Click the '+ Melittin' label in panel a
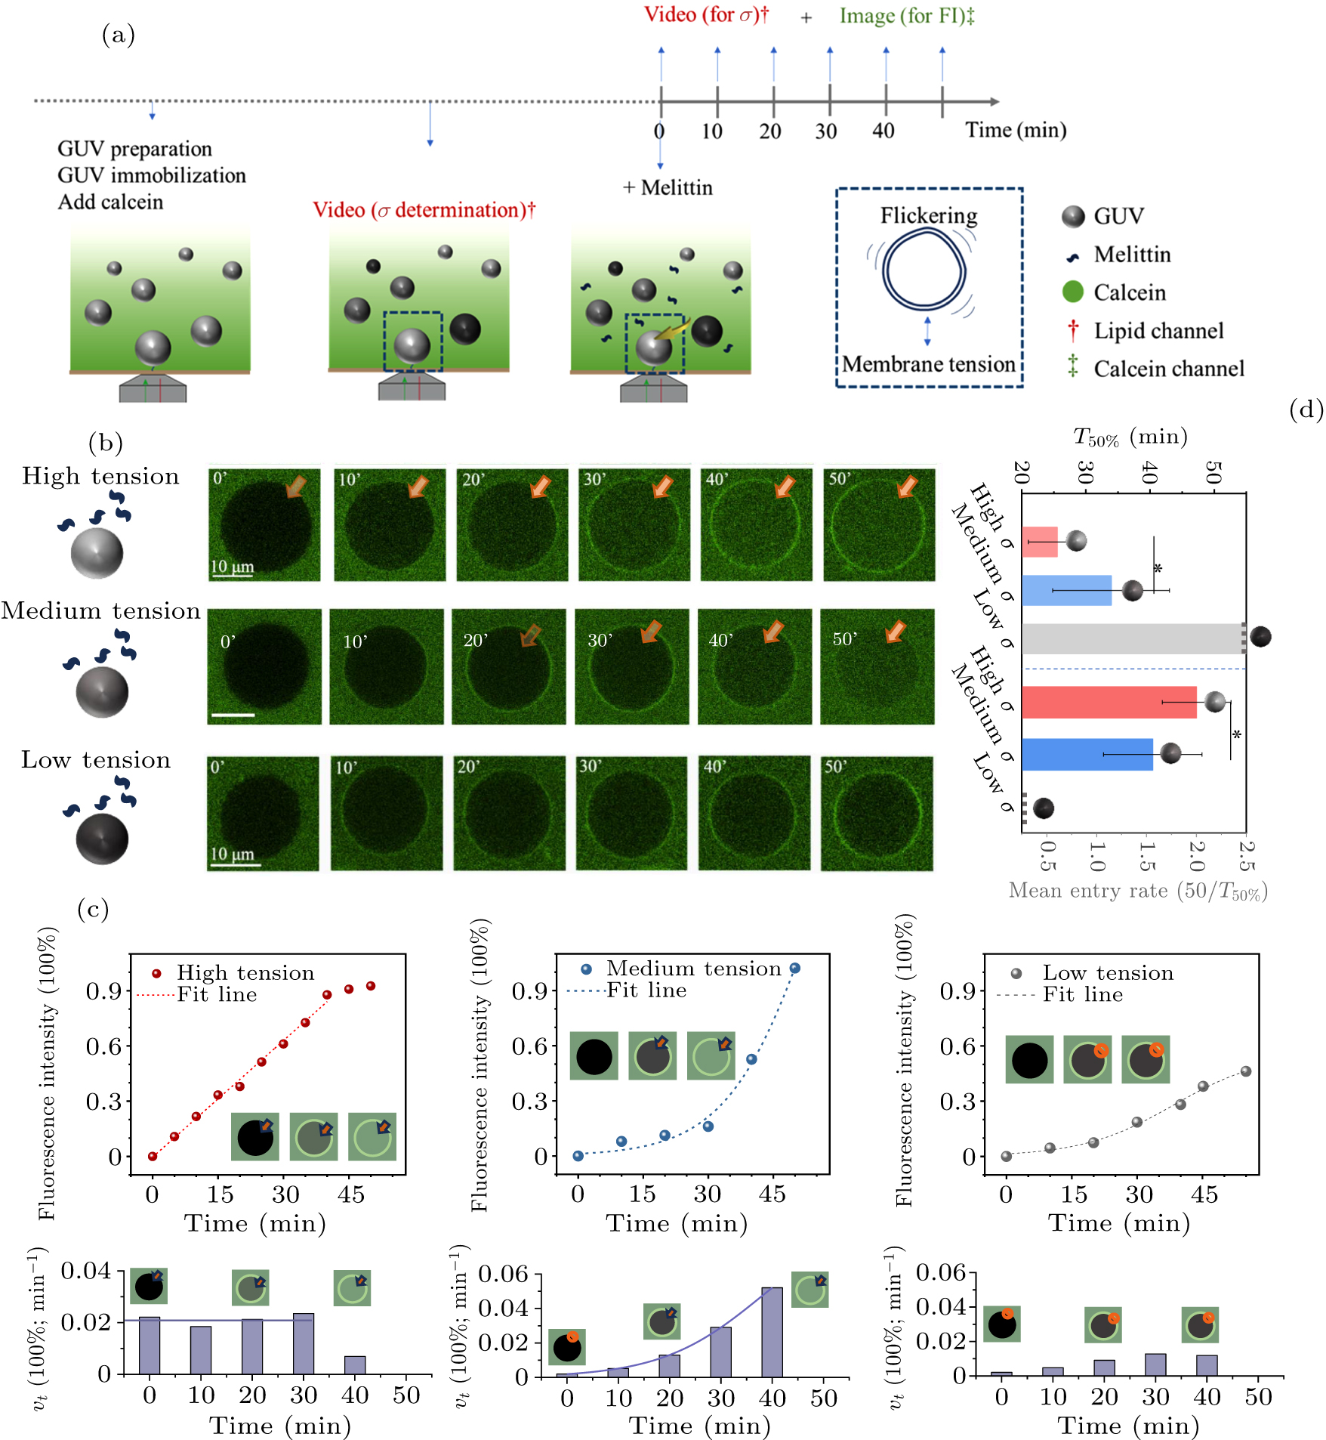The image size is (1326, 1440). pos(668,187)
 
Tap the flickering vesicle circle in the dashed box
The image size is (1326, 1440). pos(925,270)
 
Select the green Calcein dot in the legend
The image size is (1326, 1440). pos(1072,292)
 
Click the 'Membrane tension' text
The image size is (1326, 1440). pos(929,364)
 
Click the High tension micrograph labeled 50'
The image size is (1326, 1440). pos(879,525)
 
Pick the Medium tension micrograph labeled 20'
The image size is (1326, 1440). pos(509,666)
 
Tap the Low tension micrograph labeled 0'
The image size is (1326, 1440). pos(264,814)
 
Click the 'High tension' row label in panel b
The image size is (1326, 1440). pos(100,476)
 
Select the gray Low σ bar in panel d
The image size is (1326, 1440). pos(1131,638)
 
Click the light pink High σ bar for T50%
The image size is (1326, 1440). pos(1040,542)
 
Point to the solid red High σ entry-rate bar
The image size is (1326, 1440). pos(1109,703)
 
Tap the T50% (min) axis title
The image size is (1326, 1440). pos(1130,437)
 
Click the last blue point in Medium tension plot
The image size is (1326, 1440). pos(794,969)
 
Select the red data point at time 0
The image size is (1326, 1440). pos(153,1156)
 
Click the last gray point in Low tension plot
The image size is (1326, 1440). pos(1246,1071)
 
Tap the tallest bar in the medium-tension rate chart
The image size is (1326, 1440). pos(772,1332)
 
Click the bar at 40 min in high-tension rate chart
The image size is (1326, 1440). pos(355,1364)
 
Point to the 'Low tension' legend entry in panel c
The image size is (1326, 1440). pos(1108,973)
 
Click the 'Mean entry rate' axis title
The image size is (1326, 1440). pos(1138,891)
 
